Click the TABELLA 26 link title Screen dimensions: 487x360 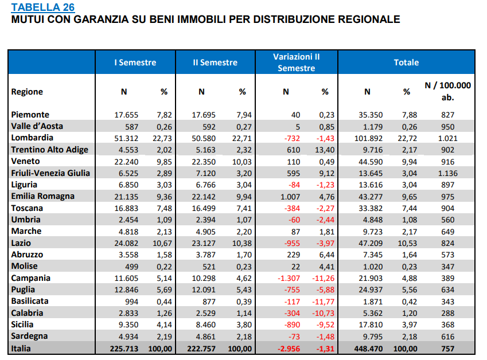[43, 7]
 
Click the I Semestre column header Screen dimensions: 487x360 [135, 62]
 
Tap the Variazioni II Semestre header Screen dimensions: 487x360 [297, 62]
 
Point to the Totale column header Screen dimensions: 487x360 [406, 62]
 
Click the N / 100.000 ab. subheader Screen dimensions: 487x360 [447, 91]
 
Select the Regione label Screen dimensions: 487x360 [27, 92]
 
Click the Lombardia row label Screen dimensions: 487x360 [32, 138]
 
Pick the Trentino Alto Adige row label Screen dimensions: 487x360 [50, 150]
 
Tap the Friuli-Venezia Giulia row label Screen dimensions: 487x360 [50, 173]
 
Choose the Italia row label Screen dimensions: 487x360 [21, 349]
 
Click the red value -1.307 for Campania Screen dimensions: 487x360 [289, 278]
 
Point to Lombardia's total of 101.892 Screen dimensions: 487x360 [368, 138]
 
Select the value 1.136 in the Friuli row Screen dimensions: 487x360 [447, 173]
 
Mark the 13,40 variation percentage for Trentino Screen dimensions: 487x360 [325, 150]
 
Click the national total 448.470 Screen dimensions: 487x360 [368, 349]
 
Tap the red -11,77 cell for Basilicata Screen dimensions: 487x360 [324, 302]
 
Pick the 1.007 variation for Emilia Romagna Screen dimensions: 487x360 [290, 197]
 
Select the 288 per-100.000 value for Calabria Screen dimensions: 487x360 [447, 313]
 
